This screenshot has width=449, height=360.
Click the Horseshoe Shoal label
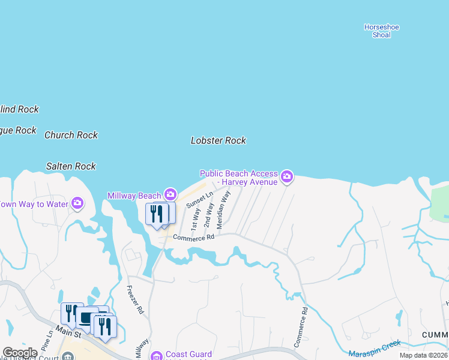tap(381, 31)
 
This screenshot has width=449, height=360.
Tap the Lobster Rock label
tap(218, 140)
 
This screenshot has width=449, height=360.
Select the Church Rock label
tap(71, 135)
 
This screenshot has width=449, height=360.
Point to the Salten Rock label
tap(71, 166)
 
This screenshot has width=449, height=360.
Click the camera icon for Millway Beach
tap(170, 194)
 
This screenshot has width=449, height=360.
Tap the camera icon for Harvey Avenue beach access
tap(287, 176)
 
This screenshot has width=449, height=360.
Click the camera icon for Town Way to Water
tap(77, 203)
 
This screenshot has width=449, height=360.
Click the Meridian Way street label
tap(223, 209)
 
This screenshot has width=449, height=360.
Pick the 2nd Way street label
tap(209, 214)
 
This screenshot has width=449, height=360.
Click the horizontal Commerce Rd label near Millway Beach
tap(193, 238)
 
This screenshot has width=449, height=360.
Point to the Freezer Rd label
tap(136, 299)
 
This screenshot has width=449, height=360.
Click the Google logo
tap(20, 353)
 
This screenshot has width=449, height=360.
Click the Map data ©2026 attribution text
tap(424, 355)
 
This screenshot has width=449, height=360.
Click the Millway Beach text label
tap(134, 196)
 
